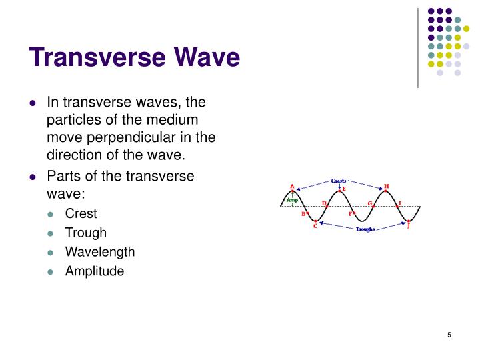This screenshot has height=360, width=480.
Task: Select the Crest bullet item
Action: click(x=81, y=213)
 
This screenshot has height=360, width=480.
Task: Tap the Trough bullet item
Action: click(x=85, y=233)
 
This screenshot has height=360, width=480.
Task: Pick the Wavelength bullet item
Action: click(x=99, y=252)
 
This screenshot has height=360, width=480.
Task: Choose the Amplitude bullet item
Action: click(x=95, y=271)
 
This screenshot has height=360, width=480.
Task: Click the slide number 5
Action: click(x=450, y=335)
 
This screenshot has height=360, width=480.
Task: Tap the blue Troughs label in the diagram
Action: click(x=365, y=229)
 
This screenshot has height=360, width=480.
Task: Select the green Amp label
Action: click(x=291, y=199)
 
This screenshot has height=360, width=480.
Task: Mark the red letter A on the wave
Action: click(x=292, y=186)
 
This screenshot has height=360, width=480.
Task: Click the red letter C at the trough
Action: click(x=315, y=226)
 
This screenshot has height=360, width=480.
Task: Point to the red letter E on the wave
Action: click(x=344, y=189)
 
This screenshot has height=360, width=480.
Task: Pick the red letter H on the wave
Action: click(x=387, y=186)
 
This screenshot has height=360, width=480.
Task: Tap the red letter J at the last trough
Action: click(x=409, y=226)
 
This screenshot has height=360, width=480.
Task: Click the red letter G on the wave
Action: click(x=369, y=203)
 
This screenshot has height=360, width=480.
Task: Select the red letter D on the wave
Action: click(x=323, y=203)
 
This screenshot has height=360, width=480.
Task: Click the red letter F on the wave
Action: click(x=350, y=214)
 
